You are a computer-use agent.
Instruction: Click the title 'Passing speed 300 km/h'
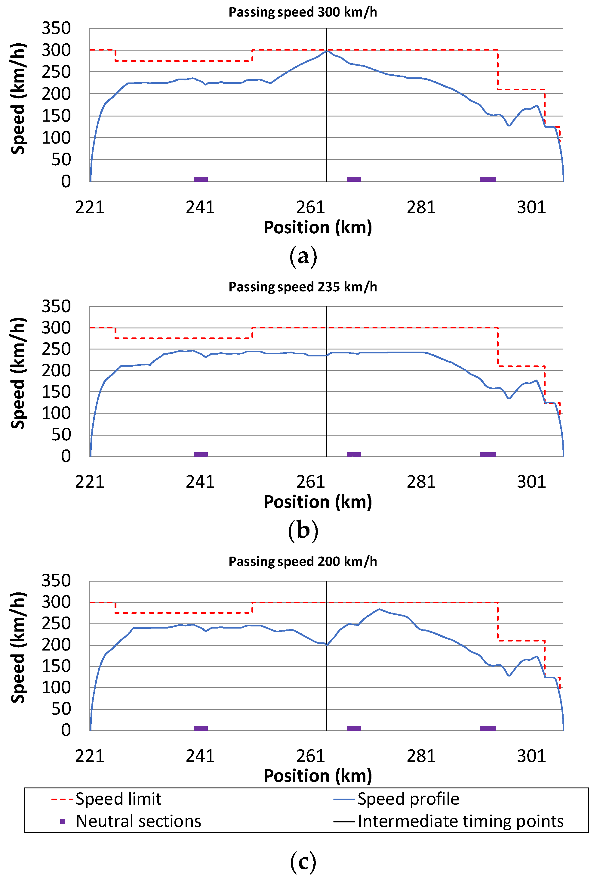coord(303,12)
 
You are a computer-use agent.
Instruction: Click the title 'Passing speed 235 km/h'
coord(303,287)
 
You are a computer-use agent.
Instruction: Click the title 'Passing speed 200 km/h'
coord(303,562)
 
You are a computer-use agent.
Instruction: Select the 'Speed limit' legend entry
coord(118,799)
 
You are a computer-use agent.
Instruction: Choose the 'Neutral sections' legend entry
coord(138,822)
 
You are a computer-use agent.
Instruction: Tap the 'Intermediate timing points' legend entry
coord(460,822)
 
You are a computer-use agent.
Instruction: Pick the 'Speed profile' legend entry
coord(408,799)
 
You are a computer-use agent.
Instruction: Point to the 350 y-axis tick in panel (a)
coord(56,28)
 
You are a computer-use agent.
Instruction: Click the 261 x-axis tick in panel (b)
coord(311,482)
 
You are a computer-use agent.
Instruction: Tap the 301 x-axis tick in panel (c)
coord(531,756)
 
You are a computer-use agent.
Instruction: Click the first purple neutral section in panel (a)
coord(201,179)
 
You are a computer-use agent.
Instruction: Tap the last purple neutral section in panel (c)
coord(488,728)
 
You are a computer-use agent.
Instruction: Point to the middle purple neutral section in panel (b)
coord(354,454)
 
